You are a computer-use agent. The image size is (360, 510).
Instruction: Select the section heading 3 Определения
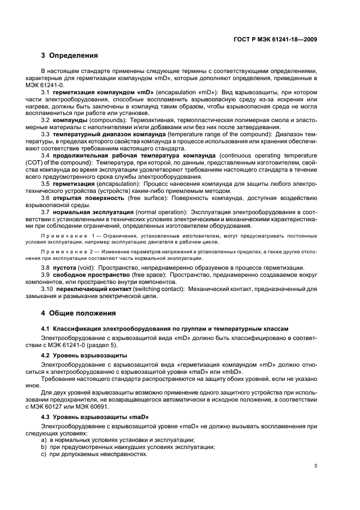[x=69, y=56]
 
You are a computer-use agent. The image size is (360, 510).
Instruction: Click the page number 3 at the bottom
[x=315, y=466]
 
